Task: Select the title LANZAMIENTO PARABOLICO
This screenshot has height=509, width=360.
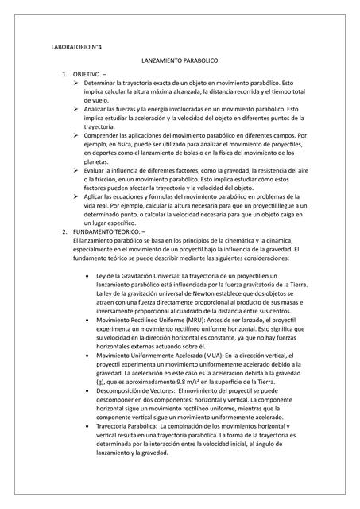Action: [179, 60]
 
